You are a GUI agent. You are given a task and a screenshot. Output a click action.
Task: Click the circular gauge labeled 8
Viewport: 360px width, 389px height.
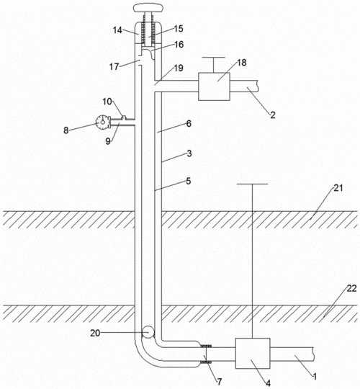point(102,122)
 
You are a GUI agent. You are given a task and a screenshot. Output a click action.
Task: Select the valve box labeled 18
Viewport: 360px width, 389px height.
point(215,86)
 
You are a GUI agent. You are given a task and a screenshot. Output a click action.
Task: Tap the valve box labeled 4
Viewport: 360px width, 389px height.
point(253,353)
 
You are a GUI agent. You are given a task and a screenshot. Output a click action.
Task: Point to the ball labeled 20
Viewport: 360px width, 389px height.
point(148,332)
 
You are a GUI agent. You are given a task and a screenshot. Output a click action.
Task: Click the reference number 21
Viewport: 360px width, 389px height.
point(338,188)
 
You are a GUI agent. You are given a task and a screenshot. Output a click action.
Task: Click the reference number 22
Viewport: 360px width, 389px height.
point(351,288)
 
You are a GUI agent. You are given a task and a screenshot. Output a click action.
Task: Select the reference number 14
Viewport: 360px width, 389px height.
point(118,30)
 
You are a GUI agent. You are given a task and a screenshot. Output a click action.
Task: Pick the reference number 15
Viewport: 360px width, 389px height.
point(179,29)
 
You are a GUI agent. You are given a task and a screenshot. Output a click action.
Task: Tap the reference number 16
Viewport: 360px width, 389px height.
point(179,45)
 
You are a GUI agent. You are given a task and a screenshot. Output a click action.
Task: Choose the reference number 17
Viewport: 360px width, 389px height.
point(114,66)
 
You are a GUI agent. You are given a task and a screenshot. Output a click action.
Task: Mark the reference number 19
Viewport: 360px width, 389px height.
point(179,68)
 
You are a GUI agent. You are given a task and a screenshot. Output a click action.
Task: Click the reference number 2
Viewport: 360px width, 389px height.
point(273,115)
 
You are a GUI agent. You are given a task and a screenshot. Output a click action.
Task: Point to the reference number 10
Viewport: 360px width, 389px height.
point(107,102)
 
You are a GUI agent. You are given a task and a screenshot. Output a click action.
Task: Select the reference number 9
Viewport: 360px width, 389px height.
point(108,141)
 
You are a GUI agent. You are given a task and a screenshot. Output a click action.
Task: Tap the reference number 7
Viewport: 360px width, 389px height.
point(220,382)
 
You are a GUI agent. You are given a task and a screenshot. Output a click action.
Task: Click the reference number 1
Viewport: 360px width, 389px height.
point(315,377)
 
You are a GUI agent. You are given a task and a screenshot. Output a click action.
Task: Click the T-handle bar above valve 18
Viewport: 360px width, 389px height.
point(213,58)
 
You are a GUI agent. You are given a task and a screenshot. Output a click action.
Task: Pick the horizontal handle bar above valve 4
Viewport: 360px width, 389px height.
point(253,184)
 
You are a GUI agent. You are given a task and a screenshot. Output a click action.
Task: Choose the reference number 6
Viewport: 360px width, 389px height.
point(189,124)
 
